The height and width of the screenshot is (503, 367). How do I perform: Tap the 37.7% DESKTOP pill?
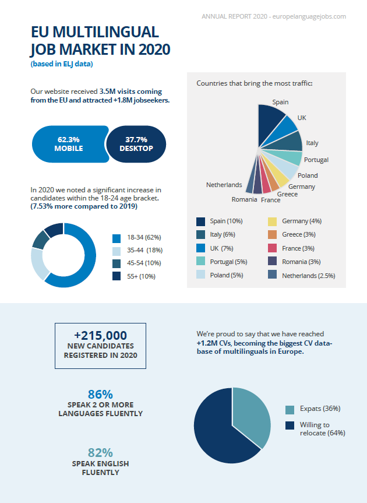pyautogui.click(x=136, y=144)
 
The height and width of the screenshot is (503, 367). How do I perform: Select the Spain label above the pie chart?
pyautogui.click(x=280, y=102)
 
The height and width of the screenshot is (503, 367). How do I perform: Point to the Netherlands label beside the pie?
pyautogui.click(x=224, y=185)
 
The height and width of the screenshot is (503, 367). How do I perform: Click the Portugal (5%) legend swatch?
pyautogui.click(x=201, y=262)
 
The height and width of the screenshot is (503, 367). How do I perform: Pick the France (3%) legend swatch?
pyautogui.click(x=272, y=248)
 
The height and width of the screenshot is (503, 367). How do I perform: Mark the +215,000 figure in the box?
pyautogui.click(x=100, y=336)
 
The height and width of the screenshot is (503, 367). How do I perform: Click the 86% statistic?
pyautogui.click(x=100, y=395)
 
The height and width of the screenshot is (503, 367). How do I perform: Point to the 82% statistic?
pyautogui.click(x=100, y=453)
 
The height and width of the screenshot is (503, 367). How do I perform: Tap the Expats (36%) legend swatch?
pyautogui.click(x=290, y=409)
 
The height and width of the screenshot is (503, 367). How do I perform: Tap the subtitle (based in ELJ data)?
pyautogui.click(x=62, y=64)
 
